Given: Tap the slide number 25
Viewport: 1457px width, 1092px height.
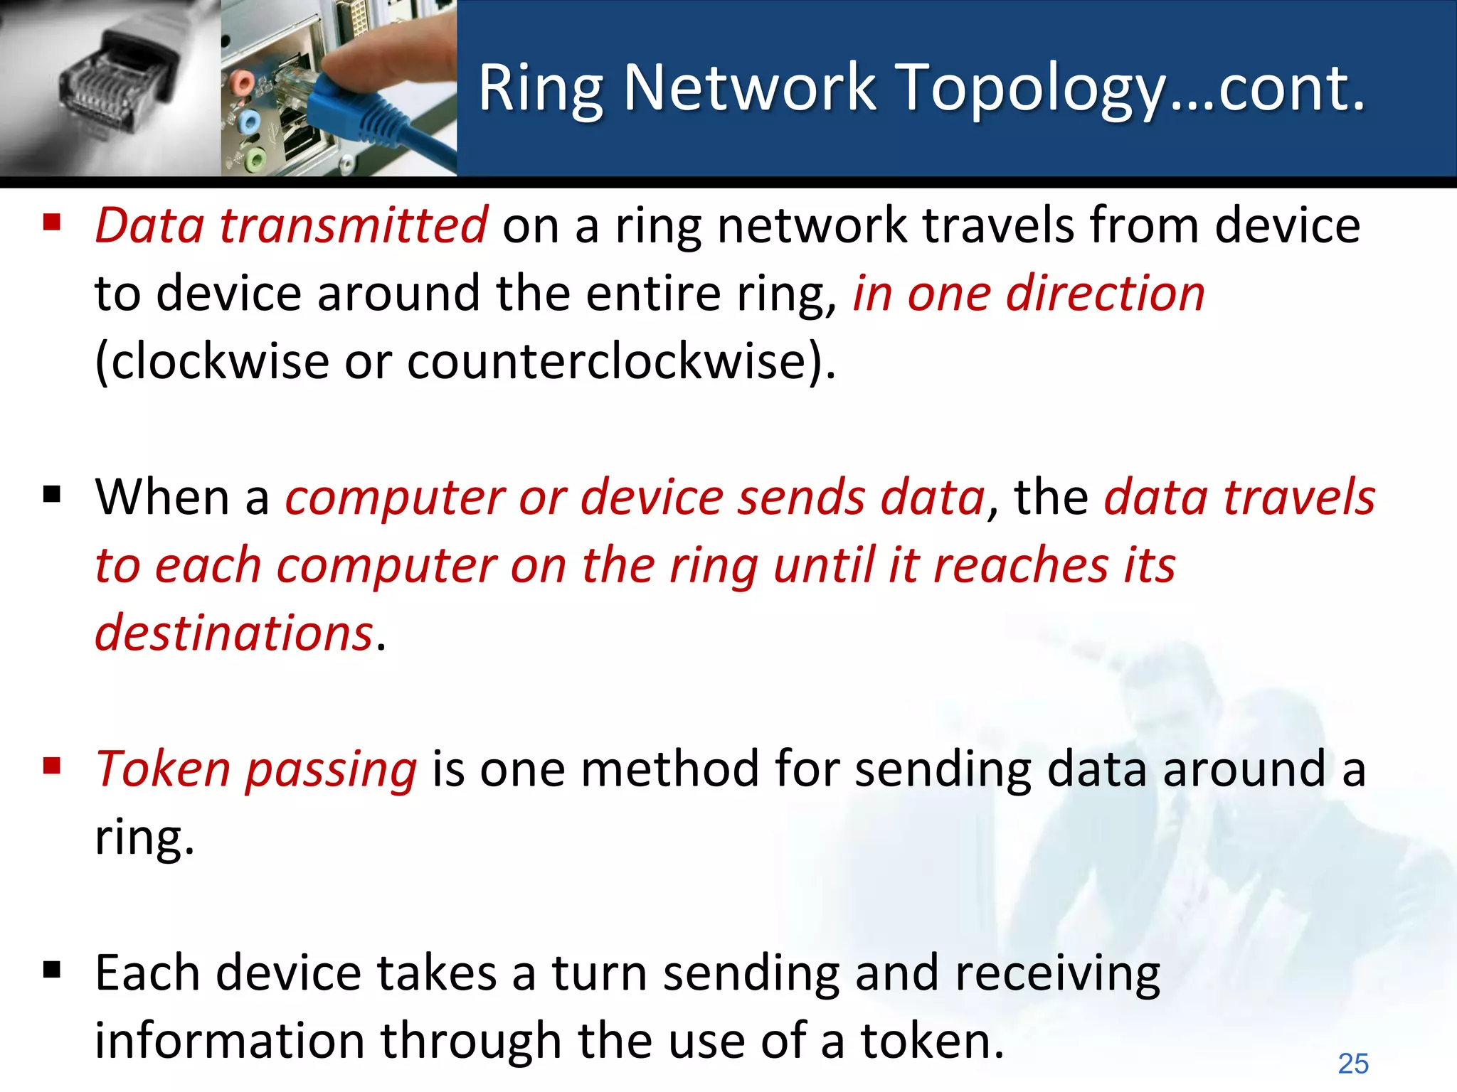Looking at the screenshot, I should click(x=1352, y=1064).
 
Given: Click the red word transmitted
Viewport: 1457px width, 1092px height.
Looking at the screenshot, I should click(x=354, y=225).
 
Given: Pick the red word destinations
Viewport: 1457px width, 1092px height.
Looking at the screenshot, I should click(x=234, y=633).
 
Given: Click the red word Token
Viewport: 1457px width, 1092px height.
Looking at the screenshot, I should click(x=163, y=769).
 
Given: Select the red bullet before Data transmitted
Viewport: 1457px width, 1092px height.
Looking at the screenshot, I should click(x=51, y=223).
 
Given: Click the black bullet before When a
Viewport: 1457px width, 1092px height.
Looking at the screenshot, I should click(x=51, y=494).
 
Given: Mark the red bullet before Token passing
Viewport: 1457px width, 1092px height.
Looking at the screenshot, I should click(x=51, y=766).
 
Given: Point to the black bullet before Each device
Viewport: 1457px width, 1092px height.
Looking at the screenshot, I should click(x=51, y=970).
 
